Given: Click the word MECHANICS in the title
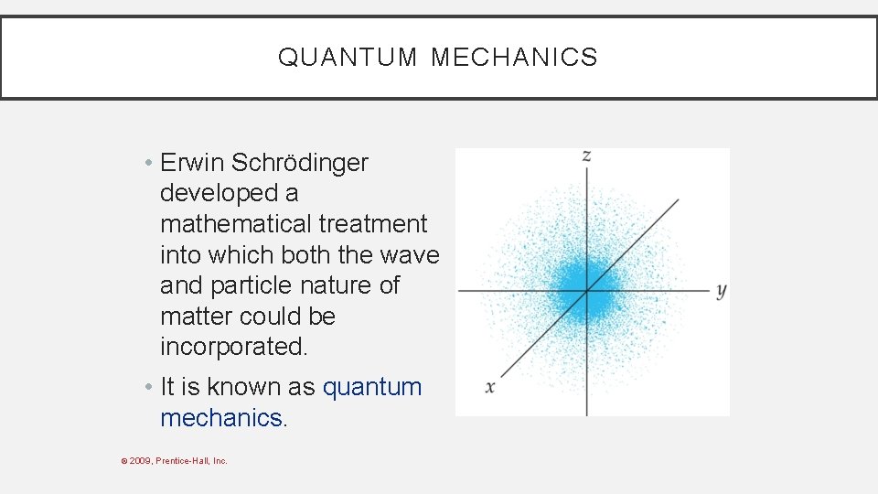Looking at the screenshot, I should [x=514, y=58].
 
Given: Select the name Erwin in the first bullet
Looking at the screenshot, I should [x=192, y=163].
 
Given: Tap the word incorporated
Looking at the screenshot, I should [x=233, y=347].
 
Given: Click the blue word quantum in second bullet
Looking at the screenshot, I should [x=372, y=387].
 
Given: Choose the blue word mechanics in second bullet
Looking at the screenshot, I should [x=220, y=418].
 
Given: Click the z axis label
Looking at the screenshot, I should [x=586, y=156].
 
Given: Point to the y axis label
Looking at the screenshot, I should [x=721, y=291].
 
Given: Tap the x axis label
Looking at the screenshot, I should [x=490, y=387].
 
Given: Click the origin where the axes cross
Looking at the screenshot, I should [x=586, y=291].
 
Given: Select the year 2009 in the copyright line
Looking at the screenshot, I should [x=141, y=460].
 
